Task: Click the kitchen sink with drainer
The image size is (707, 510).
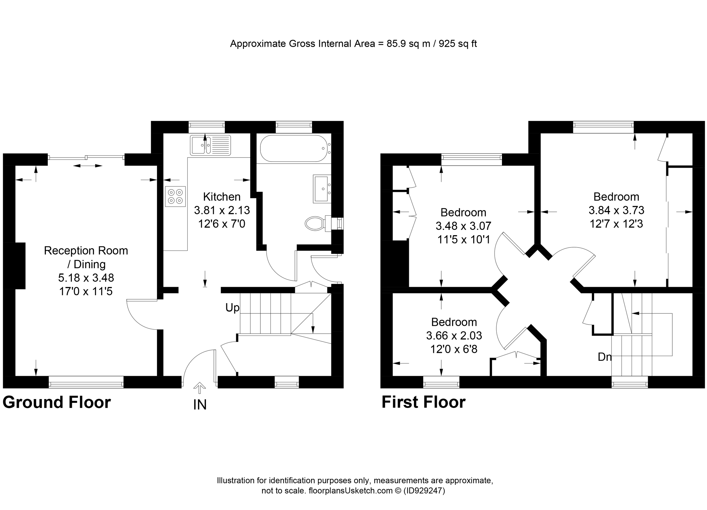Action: (210, 145)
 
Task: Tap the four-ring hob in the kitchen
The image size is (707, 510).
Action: (175, 197)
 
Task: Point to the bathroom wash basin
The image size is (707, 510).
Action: (321, 189)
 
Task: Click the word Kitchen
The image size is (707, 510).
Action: (222, 197)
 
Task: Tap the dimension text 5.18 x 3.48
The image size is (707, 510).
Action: (86, 278)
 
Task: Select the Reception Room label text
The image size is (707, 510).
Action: (86, 251)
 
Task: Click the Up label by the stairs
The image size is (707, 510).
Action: (232, 308)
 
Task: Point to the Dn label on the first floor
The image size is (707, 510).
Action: (604, 357)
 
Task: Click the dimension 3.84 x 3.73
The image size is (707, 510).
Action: (616, 210)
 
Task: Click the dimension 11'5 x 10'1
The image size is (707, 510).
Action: (464, 240)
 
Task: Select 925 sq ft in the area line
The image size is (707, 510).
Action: (457, 44)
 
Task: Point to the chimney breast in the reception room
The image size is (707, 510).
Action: (14, 265)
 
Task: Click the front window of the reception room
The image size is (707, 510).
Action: (86, 382)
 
